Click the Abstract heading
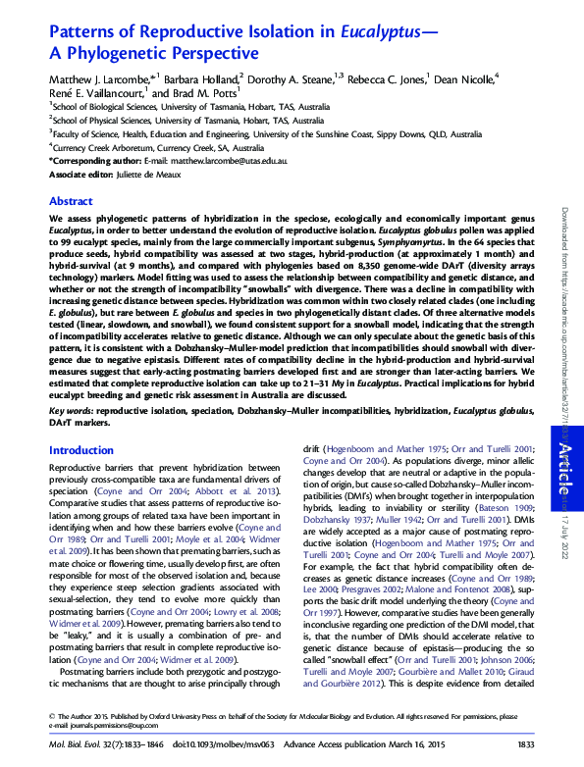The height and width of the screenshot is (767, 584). (x=71, y=200)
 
